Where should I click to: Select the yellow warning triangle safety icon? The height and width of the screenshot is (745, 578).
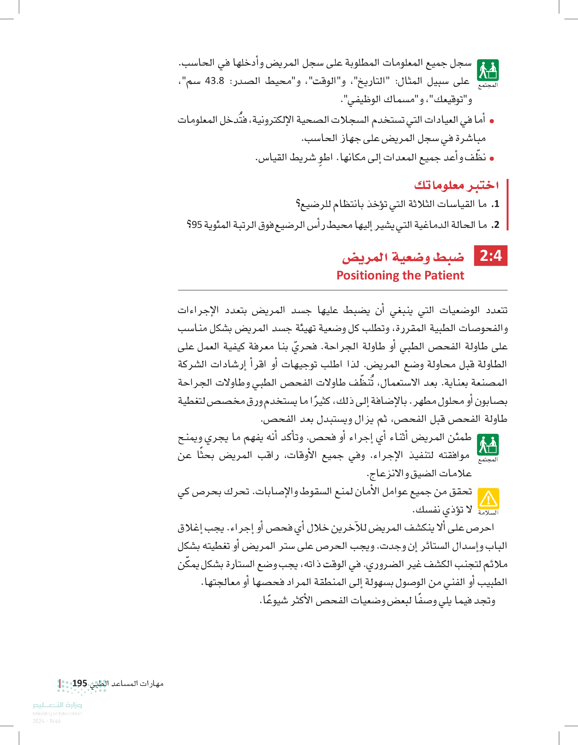point(488,499)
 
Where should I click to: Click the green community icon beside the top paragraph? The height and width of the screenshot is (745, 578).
point(488,70)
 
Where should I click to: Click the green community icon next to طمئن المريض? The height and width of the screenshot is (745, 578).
point(488,445)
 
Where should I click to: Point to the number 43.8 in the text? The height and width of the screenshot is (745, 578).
point(215,81)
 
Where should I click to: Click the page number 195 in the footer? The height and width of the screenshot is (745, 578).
point(79,683)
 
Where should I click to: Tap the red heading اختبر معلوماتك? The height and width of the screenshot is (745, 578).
point(456,185)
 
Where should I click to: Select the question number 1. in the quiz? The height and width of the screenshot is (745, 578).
point(495,204)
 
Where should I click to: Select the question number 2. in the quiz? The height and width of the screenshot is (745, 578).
point(495,225)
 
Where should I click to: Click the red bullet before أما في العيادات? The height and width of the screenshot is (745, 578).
point(492,121)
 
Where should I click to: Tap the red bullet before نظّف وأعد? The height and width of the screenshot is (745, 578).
point(492,159)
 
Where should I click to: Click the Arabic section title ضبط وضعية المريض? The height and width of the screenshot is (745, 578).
point(403,257)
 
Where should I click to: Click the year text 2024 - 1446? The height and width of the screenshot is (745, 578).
point(47,721)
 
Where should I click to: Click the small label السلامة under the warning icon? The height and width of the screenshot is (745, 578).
point(488,513)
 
